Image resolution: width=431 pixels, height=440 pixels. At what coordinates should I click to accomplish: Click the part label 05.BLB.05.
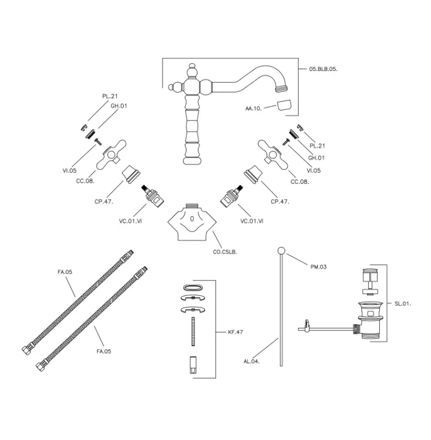(323, 69)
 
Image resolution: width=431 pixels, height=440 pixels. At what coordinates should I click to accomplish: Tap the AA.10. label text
(253, 108)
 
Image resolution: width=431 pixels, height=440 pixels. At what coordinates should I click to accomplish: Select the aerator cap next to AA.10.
(284, 106)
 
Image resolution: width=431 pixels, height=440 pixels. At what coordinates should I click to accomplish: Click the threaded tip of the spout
(282, 89)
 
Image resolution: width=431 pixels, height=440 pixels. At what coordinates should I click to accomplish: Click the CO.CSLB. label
(225, 252)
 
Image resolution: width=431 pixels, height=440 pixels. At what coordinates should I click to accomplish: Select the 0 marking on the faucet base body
(192, 218)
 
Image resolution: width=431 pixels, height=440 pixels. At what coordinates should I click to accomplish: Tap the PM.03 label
(318, 267)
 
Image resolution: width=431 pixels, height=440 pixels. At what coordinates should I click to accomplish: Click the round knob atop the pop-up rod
(281, 251)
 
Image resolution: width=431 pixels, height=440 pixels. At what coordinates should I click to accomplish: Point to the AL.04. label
(252, 361)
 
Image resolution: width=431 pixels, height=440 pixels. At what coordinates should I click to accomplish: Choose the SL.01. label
(402, 304)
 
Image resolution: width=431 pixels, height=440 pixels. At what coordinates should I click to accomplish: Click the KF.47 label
(235, 332)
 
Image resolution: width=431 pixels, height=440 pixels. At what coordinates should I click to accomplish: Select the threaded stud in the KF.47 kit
(193, 332)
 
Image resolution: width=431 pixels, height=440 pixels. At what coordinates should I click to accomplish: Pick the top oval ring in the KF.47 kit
(193, 288)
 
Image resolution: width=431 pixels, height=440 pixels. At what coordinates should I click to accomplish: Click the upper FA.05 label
(65, 272)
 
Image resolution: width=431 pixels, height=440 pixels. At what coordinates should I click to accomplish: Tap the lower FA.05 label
(104, 351)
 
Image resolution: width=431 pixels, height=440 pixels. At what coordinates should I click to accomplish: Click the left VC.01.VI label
(130, 221)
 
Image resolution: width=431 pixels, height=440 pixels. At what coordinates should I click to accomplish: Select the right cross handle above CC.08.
(273, 155)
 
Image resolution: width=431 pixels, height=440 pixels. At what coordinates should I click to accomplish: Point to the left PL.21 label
(110, 96)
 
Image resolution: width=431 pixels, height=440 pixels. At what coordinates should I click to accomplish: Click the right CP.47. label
(280, 201)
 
